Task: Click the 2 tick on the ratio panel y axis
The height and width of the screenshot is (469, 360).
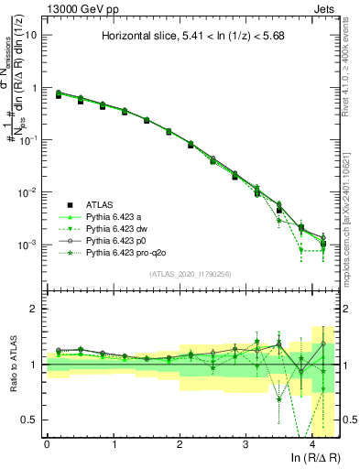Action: [x=34, y=309]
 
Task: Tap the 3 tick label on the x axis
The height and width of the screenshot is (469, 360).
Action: [x=245, y=443]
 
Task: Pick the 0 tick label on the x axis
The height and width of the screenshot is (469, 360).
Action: [x=47, y=443]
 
